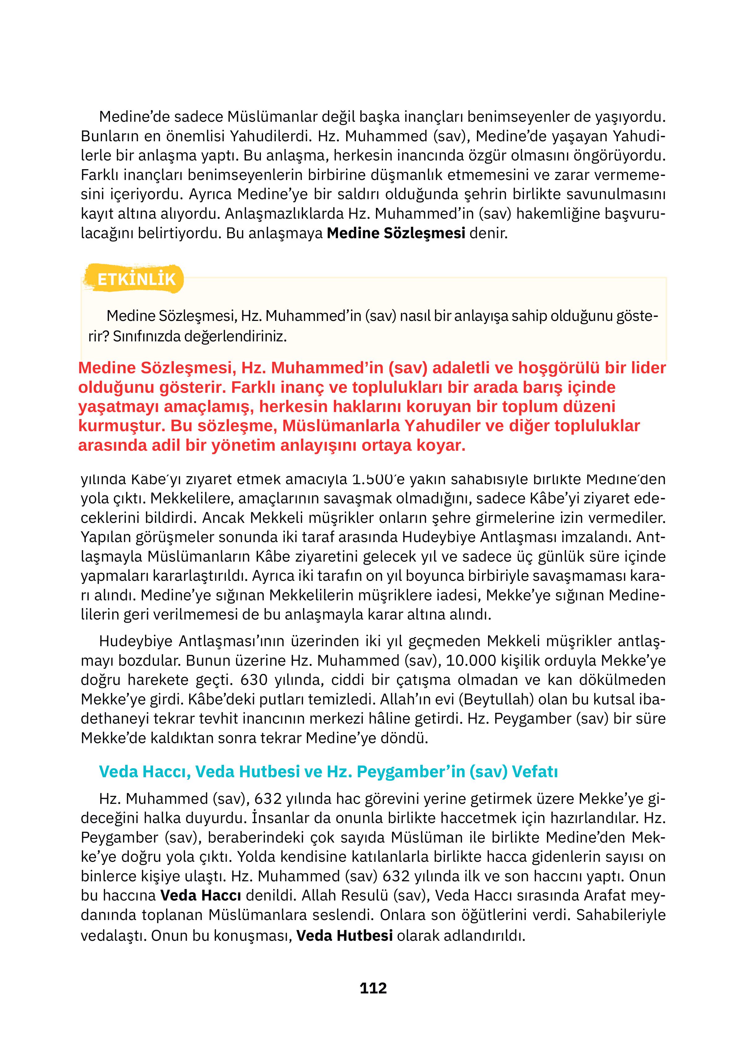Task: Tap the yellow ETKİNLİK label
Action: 136,279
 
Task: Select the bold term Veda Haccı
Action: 200,895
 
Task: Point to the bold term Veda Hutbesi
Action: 344,936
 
